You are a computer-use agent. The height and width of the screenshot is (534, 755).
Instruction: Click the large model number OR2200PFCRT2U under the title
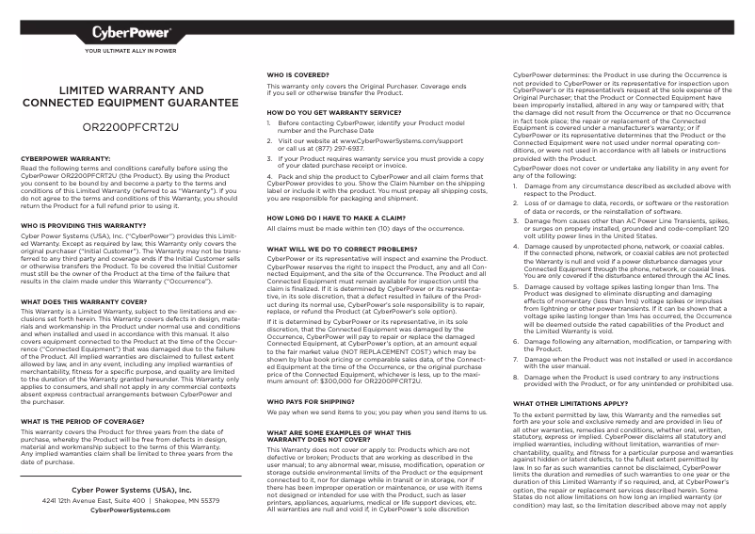(x=131, y=124)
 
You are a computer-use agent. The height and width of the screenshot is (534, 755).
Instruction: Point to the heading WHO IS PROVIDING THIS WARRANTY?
(x=83, y=226)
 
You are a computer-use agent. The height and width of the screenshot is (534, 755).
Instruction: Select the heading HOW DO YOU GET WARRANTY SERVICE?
(x=331, y=112)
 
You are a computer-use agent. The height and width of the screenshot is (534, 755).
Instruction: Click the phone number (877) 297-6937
(x=341, y=147)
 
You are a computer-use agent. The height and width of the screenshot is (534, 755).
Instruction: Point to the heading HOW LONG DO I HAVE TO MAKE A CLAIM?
(x=335, y=217)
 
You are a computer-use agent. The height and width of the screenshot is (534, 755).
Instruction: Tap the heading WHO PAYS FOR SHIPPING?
(x=313, y=400)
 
